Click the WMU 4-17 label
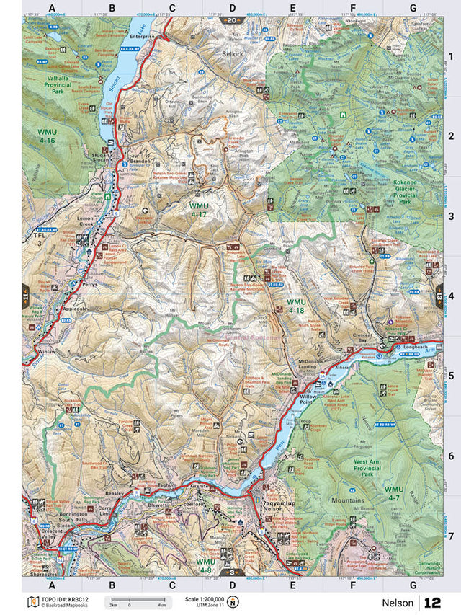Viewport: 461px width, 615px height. coord(199,210)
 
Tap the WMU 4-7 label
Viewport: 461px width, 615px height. coord(394,494)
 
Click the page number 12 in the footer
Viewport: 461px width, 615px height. coord(432,602)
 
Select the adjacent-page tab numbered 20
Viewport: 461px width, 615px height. coord(231,21)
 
